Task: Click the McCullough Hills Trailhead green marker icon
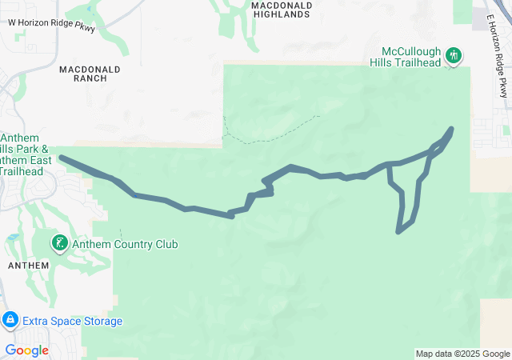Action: (454, 56)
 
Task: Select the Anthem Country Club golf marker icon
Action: (59, 242)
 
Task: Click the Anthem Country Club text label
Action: (125, 244)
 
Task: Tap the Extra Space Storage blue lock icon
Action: (10, 321)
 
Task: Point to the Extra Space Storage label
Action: (72, 322)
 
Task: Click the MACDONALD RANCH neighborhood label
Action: (90, 74)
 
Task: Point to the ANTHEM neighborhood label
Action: (28, 265)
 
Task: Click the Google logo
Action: (26, 350)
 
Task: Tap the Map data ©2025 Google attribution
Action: (462, 354)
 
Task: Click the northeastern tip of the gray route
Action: (452, 129)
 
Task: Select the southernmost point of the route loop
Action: (398, 232)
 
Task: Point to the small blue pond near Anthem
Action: (13, 238)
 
